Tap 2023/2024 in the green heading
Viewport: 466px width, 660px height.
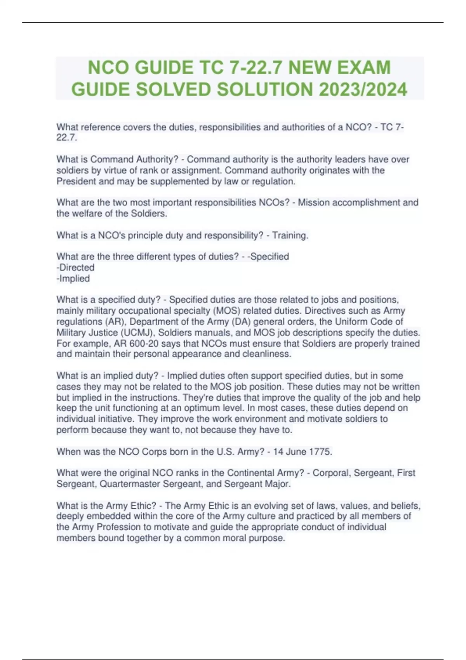[363, 89]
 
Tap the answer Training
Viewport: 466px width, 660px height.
[290, 235]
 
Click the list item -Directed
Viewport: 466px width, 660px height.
[76, 267]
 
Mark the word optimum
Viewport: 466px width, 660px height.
[215, 408]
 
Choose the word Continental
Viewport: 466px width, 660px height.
[250, 473]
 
